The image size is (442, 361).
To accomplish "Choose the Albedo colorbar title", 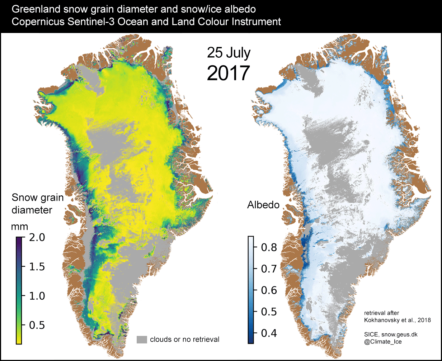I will pyautogui.click(x=264, y=205).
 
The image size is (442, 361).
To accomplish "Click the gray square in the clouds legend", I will pyautogui.click(x=142, y=339).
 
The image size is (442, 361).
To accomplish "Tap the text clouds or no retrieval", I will pyautogui.click(x=184, y=339).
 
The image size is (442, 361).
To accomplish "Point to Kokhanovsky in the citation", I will pyautogui.click(x=379, y=319).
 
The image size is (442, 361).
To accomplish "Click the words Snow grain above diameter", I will pyautogui.click(x=37, y=198).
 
